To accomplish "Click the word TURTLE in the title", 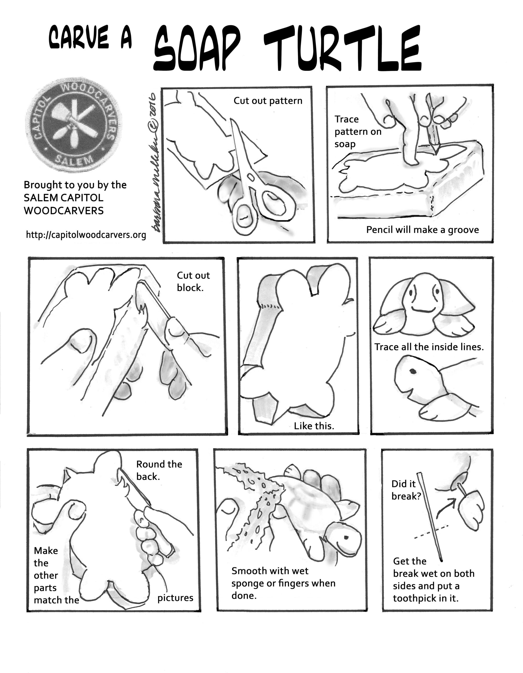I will [342, 49].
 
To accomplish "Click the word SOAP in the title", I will [197, 49].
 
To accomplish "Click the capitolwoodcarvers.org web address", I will [86, 235].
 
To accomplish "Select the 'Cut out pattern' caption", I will [268, 101].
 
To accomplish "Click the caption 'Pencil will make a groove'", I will [422, 230].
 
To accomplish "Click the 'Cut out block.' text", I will [193, 281].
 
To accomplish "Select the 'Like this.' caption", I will [314, 426].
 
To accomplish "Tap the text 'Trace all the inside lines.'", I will [429, 347].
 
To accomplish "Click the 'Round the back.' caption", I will [159, 470].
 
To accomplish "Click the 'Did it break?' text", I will [405, 490].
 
